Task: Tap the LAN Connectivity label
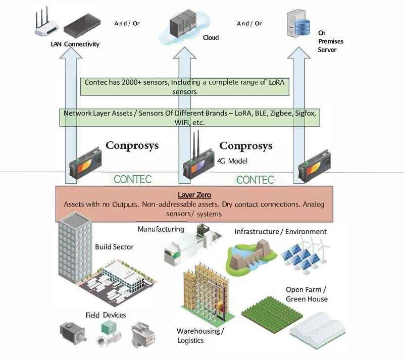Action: (75, 44)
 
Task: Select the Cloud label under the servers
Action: (211, 37)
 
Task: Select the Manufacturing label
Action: (161, 229)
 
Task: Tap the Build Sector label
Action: (114, 247)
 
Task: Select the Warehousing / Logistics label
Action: (200, 336)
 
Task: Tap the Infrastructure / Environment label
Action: (280, 232)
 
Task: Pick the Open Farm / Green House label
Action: (307, 294)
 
